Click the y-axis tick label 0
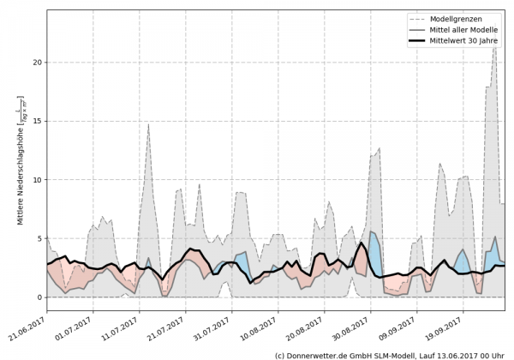point(39,297)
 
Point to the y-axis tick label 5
point(39,238)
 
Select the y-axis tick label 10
point(36,180)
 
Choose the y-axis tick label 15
point(36,121)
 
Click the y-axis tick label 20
point(36,63)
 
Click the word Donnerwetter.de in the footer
point(320,354)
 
